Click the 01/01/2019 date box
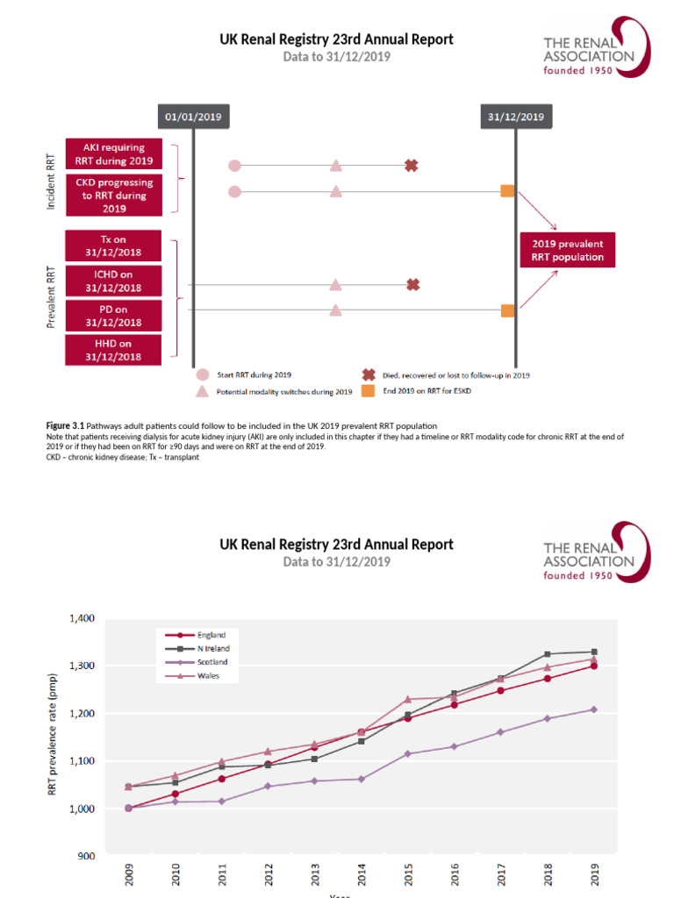(193, 116)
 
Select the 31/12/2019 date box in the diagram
(515, 116)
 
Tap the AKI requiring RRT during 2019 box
(113, 153)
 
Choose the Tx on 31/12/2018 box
(113, 246)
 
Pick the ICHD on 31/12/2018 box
(113, 281)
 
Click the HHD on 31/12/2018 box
(113, 350)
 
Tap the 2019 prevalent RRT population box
(567, 250)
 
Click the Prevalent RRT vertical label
(50, 298)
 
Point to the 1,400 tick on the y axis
(82, 618)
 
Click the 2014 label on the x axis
(362, 877)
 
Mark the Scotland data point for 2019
(594, 709)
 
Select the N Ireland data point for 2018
(548, 654)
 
